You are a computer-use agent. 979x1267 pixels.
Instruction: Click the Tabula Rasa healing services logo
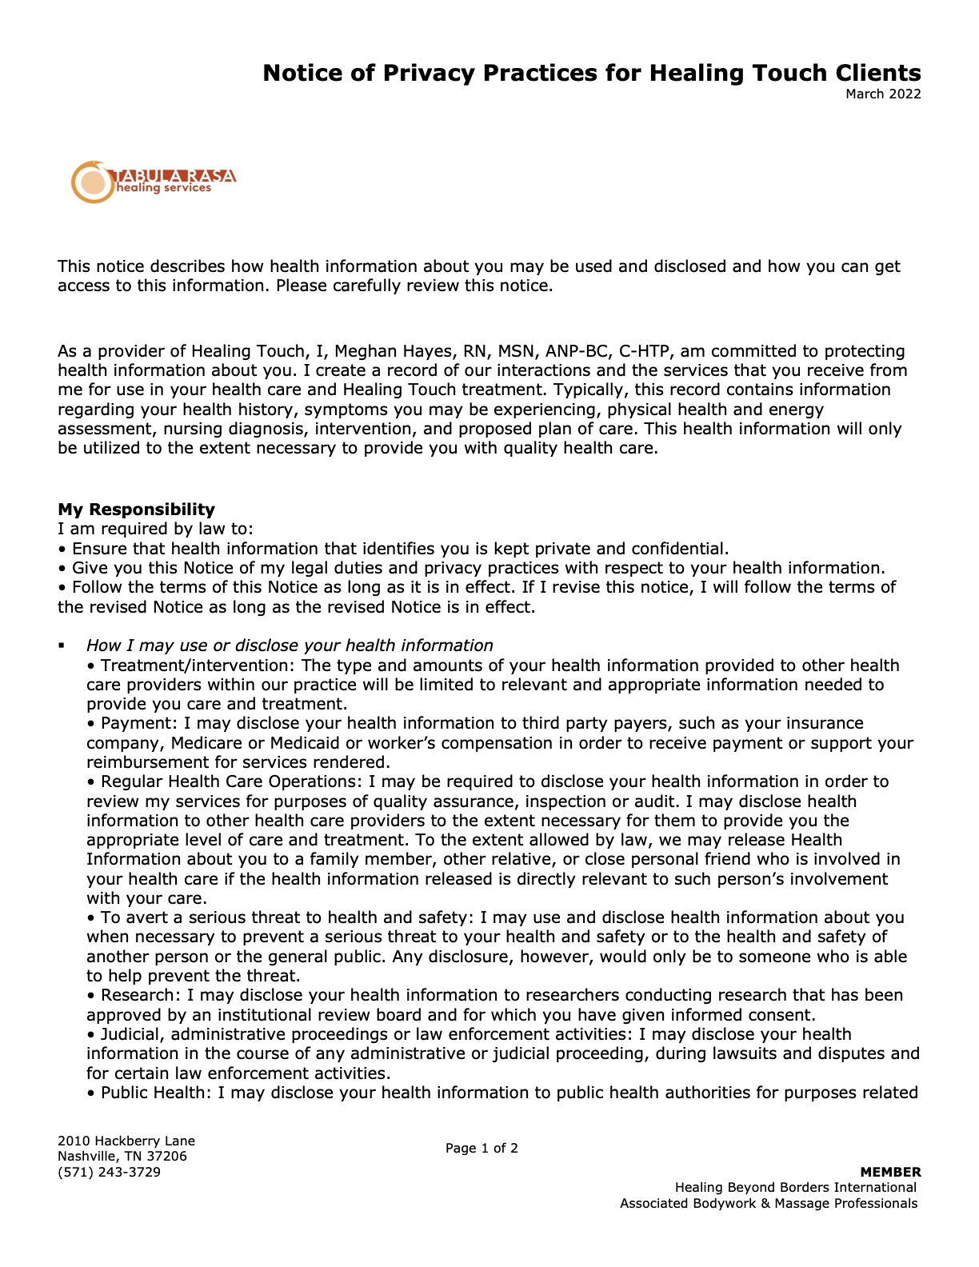[x=154, y=182]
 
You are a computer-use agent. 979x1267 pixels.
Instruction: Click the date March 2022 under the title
[x=883, y=94]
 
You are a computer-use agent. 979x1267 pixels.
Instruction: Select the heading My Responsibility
[x=136, y=510]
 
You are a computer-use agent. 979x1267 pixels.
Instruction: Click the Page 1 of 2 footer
[x=482, y=1149]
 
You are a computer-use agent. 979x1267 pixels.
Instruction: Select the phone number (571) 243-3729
[x=109, y=1173]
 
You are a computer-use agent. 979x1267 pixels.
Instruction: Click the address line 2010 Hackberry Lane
[x=126, y=1141]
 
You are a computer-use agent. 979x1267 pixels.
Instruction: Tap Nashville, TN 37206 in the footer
[x=122, y=1157]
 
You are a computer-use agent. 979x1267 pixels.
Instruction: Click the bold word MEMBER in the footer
[x=890, y=1173]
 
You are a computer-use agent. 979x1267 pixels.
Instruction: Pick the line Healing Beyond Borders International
[x=795, y=1188]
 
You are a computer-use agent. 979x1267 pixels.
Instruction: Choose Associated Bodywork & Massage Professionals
[x=769, y=1204]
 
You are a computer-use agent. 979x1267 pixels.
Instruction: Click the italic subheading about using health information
[x=290, y=645]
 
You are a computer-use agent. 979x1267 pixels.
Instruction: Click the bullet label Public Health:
[x=157, y=1093]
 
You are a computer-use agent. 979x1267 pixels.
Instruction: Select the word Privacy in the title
[x=426, y=74]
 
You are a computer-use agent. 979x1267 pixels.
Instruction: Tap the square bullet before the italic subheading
[x=61, y=645]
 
